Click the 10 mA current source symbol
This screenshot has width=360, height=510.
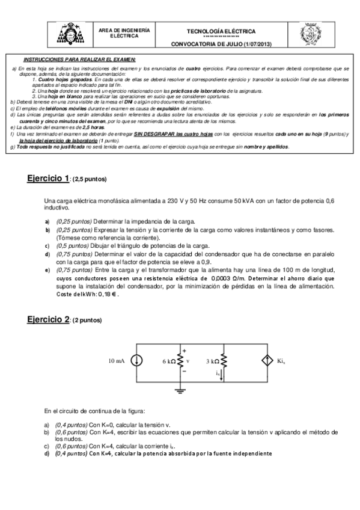coord(138,361)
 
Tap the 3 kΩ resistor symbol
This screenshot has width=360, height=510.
coord(223,361)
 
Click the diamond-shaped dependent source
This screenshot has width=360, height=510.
coord(267,361)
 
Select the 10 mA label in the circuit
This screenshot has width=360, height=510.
coord(117,361)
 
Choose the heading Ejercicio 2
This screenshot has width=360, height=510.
coord(49,320)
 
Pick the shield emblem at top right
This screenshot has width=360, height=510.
coord(310,36)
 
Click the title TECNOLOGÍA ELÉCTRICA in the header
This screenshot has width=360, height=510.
coord(221,31)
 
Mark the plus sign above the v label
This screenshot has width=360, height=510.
coord(184,351)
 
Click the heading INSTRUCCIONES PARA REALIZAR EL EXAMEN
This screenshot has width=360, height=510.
coord(79,60)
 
